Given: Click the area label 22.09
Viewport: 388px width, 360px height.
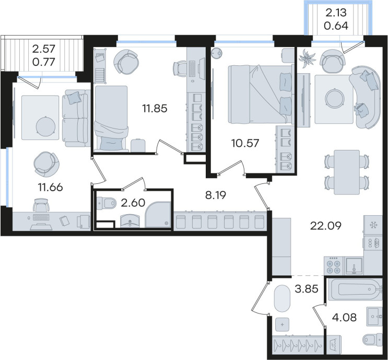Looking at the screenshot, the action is click(x=326, y=226).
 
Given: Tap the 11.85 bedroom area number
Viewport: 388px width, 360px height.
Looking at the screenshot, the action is click(x=155, y=109).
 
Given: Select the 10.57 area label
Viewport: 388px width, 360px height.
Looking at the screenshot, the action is click(x=245, y=143).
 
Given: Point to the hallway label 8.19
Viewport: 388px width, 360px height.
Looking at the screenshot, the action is click(x=216, y=195).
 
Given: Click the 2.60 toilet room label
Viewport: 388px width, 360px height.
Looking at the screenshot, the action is click(x=133, y=203).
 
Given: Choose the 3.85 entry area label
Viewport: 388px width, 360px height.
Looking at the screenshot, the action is click(x=307, y=289).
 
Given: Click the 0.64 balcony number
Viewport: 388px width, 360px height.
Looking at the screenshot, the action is click(x=336, y=26).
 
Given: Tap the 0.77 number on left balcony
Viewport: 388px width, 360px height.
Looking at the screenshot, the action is click(x=43, y=62).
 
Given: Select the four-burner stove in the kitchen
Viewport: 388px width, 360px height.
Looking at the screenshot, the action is click(x=333, y=266).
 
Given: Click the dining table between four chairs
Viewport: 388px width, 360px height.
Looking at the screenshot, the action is click(x=347, y=172).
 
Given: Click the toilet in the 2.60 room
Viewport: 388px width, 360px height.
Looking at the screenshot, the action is click(x=107, y=203).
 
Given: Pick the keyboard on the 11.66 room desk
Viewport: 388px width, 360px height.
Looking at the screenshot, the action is click(x=41, y=217).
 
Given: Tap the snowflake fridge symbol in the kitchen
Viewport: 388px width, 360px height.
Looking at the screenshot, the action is click(x=373, y=225).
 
